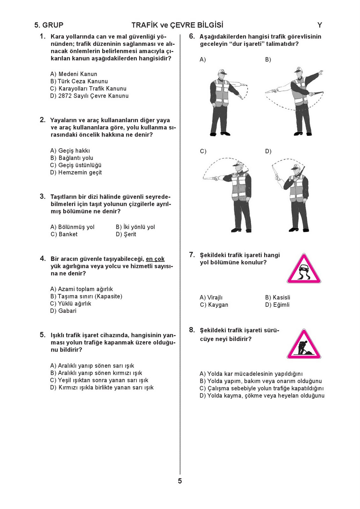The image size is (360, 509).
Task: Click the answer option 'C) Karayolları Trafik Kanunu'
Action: pyautogui.click(x=88, y=89)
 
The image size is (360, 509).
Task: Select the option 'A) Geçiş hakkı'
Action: pyautogui.click(x=70, y=151)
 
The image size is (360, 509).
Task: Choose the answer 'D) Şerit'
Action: pyautogui.click(x=126, y=234)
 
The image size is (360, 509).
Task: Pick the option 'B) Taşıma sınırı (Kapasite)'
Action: pyautogui.click(x=86, y=296)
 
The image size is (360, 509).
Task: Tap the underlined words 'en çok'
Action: pyautogui.click(x=155, y=259)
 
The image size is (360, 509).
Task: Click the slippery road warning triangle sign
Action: pyautogui.click(x=304, y=269)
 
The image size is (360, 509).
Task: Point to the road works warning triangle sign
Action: pyautogui.click(x=304, y=345)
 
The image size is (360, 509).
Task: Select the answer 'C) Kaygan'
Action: pyautogui.click(x=214, y=305)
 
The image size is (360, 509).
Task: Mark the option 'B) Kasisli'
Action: pyautogui.click(x=278, y=297)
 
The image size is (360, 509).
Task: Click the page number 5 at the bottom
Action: pyautogui.click(x=180, y=481)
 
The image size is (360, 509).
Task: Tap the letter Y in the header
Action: pyautogui.click(x=320, y=25)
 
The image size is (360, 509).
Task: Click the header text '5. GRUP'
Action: pyautogui.click(x=49, y=25)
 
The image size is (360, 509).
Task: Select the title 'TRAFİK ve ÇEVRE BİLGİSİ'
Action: pyautogui.click(x=177, y=25)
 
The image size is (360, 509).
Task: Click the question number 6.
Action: pyautogui.click(x=192, y=36)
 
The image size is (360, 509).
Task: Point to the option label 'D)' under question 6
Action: pyautogui.click(x=268, y=151)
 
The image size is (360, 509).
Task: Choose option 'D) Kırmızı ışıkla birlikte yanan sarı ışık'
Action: pyautogui.click(x=102, y=388)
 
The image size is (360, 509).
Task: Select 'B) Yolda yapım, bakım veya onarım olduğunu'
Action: pyautogui.click(x=261, y=381)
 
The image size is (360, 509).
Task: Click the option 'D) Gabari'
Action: pyautogui.click(x=63, y=311)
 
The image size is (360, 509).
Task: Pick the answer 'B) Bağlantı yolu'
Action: pyautogui.click(x=72, y=158)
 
